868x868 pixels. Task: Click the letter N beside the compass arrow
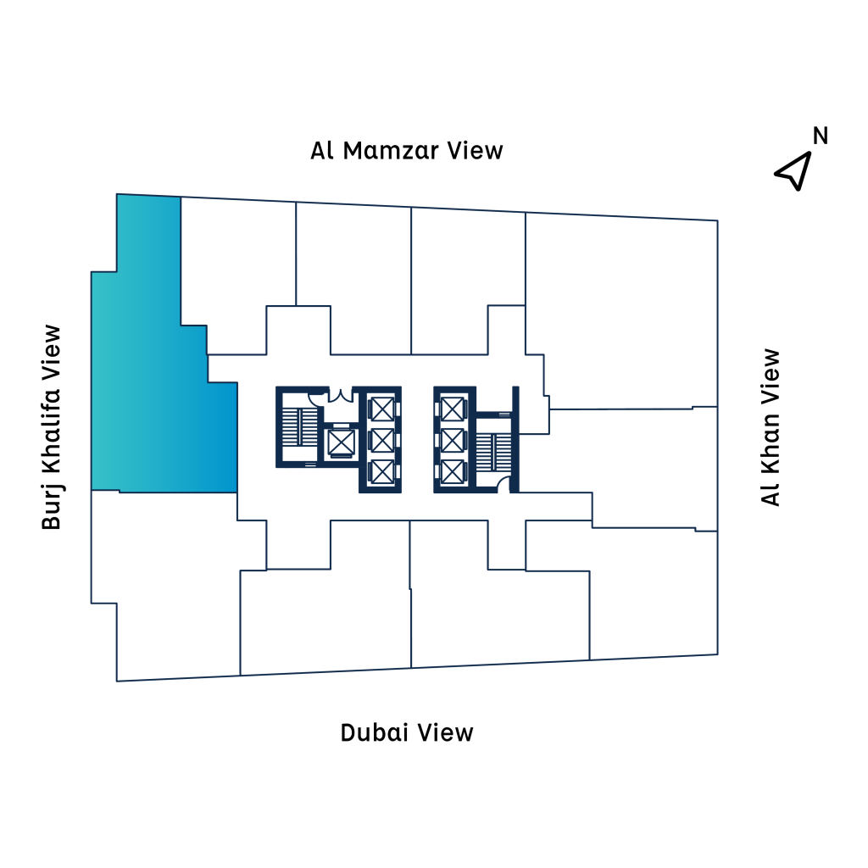[x=821, y=136]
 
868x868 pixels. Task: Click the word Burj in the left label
[x=53, y=509]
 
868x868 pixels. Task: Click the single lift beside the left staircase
[x=340, y=442]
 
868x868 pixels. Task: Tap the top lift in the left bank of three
[x=382, y=409]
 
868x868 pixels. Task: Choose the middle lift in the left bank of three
[x=382, y=440]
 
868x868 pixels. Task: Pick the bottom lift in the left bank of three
[x=382, y=471]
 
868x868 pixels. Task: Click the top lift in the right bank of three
[x=452, y=409]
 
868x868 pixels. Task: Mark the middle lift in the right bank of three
[x=452, y=440]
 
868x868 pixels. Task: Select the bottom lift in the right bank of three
[x=452, y=471]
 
